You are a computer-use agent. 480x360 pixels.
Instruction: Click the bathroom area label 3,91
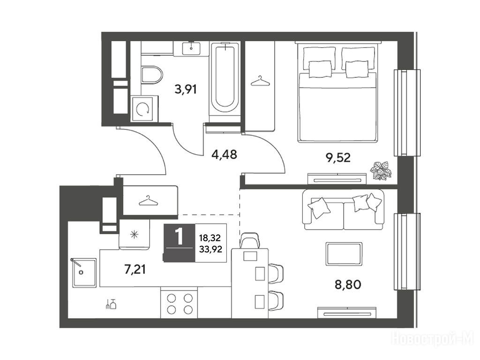coord(186,90)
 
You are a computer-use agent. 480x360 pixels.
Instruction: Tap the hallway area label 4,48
coord(224,155)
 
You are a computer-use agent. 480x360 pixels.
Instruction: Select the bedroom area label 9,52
coord(338,158)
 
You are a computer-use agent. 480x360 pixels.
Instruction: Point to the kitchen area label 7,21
coord(135,270)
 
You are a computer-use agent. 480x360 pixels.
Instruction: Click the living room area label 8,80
coord(348,285)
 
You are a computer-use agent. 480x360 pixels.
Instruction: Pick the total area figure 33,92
coord(210,250)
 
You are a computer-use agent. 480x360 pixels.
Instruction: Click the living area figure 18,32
coord(210,238)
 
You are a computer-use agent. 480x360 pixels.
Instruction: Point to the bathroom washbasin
coord(191,48)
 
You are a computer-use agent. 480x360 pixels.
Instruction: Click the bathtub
coord(225,79)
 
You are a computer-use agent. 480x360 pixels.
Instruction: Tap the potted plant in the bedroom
coord(381,171)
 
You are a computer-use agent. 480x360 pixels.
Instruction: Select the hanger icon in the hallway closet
coord(149,201)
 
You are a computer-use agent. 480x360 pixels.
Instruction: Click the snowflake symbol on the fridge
coord(135,235)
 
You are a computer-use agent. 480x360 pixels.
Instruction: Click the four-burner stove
coord(180,303)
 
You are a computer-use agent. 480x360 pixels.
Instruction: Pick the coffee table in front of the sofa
coord(344,254)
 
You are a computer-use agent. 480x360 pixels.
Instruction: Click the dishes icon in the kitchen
coord(111,304)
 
